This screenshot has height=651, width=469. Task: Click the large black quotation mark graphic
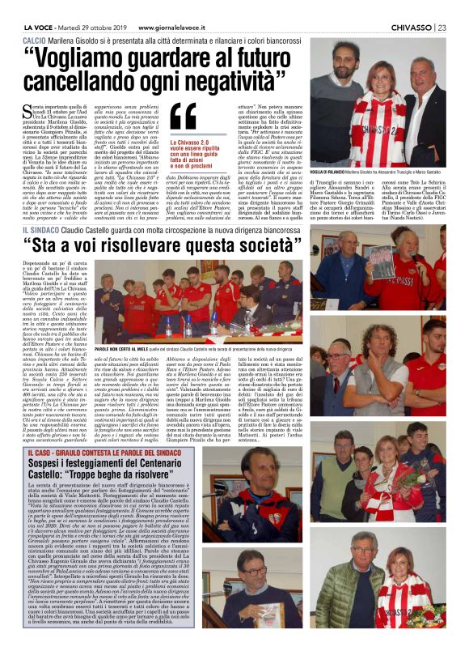[184, 119]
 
